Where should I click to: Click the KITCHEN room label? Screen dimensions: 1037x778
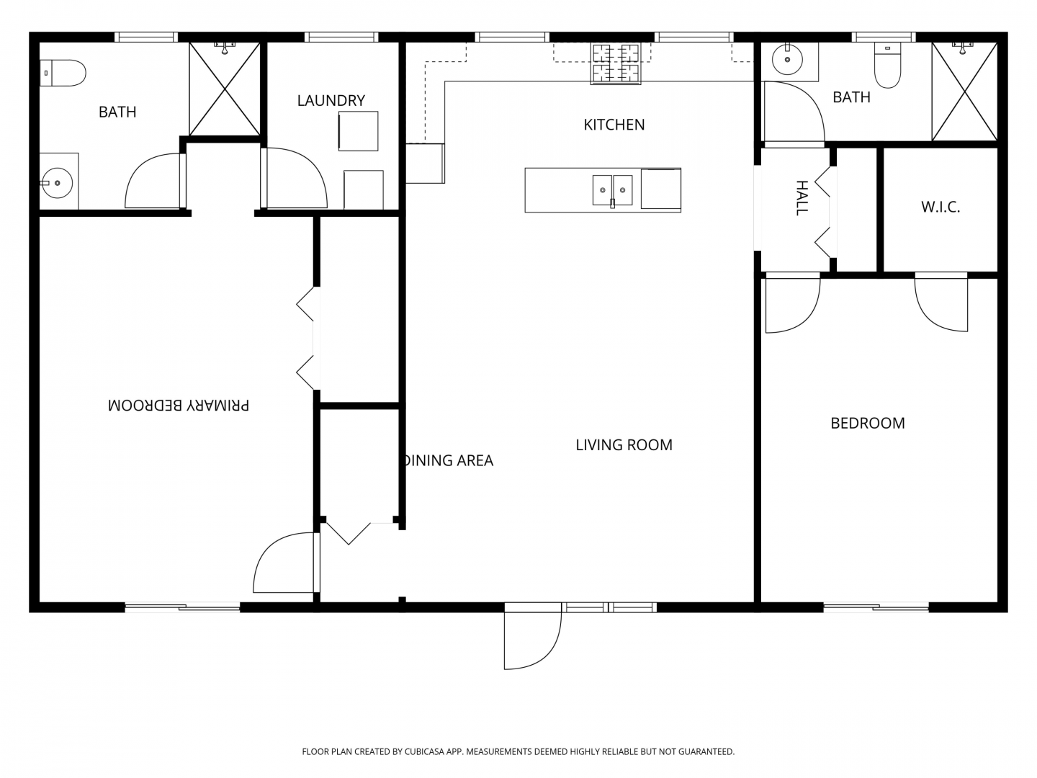click(614, 125)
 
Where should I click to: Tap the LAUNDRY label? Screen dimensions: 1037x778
click(331, 101)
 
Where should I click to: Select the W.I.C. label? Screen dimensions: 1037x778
click(941, 207)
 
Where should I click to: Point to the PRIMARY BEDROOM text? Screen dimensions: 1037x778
click(179, 406)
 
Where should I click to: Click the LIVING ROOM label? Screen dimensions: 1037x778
click(624, 445)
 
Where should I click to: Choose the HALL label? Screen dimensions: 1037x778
click(802, 198)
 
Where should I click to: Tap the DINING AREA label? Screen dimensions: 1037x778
click(449, 460)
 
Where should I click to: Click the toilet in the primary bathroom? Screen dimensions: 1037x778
click(63, 73)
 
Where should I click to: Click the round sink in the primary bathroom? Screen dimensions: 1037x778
click(57, 182)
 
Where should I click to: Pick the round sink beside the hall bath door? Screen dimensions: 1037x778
click(787, 60)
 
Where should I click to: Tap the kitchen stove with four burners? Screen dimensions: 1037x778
click(616, 64)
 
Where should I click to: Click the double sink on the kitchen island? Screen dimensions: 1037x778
click(612, 190)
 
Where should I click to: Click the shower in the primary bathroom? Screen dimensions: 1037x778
click(225, 89)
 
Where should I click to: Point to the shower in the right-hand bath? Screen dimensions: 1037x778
click(964, 91)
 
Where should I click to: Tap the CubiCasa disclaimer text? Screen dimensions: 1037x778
click(518, 751)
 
